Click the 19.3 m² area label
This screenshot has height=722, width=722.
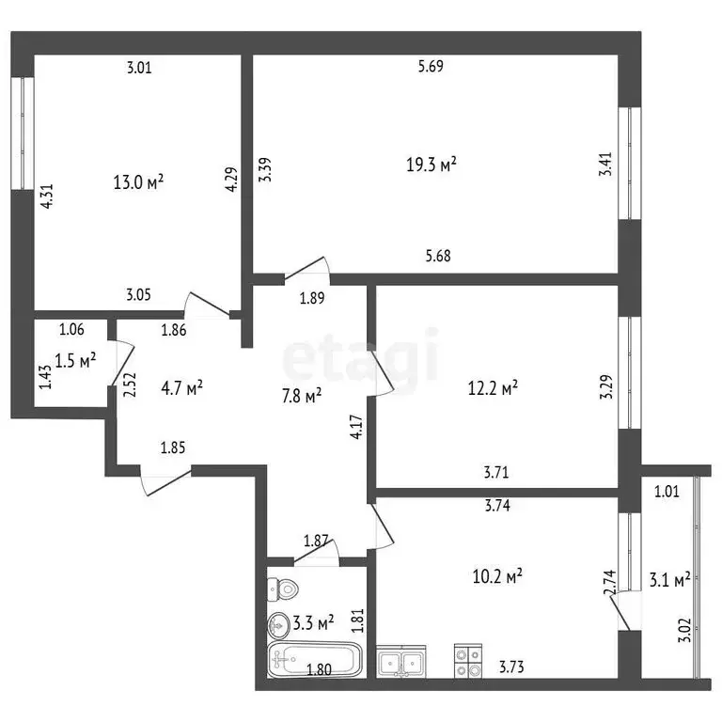point(431,165)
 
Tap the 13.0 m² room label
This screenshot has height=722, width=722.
point(137,181)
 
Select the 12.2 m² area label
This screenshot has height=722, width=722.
point(493,386)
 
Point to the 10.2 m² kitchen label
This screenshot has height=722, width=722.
point(497,574)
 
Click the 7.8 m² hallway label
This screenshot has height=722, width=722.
point(303,396)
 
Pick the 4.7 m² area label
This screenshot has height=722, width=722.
point(182,386)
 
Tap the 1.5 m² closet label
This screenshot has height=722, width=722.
point(76,360)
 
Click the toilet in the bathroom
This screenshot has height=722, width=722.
point(282,589)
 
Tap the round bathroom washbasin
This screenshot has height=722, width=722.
point(280,622)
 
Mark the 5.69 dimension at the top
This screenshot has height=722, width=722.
point(430,66)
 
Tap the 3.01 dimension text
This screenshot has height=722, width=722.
point(139,67)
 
